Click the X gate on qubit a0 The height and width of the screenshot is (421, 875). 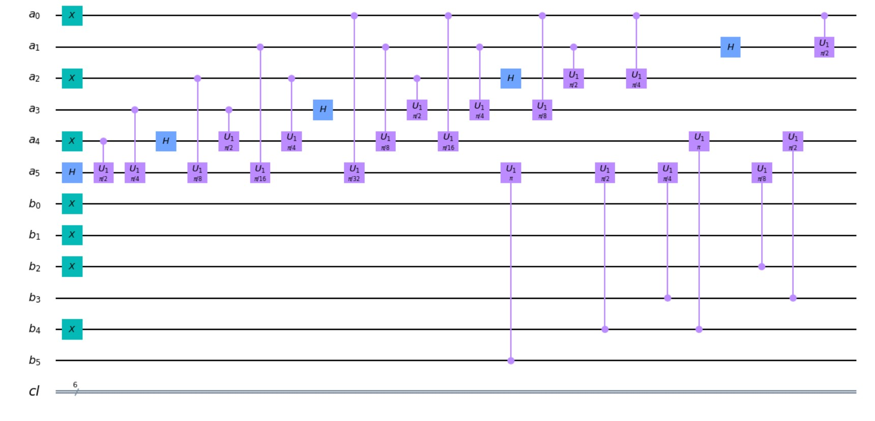(72, 16)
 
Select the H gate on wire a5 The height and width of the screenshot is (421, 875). (72, 173)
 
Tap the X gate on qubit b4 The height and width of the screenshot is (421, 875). (72, 329)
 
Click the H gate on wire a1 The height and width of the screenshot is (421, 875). (730, 47)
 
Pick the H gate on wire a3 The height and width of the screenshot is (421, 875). (323, 110)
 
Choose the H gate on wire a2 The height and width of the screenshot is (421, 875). (510, 78)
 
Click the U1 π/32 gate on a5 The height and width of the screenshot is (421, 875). (354, 173)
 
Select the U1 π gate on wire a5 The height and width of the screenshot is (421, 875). (511, 173)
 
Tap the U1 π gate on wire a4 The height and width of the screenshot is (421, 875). (699, 141)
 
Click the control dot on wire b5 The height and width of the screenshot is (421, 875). (511, 361)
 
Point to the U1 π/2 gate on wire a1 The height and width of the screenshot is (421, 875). (824, 47)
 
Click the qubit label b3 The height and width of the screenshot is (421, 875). (34, 298)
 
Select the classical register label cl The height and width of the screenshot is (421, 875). (34, 391)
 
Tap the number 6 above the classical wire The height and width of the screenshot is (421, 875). (75, 385)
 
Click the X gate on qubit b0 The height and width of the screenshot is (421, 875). (72, 204)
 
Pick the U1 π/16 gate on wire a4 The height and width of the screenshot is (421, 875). (448, 141)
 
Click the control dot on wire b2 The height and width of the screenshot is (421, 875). (762, 267)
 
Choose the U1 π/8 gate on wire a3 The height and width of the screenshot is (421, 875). (542, 110)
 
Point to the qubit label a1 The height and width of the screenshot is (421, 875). (34, 47)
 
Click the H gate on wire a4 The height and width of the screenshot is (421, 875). (166, 141)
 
